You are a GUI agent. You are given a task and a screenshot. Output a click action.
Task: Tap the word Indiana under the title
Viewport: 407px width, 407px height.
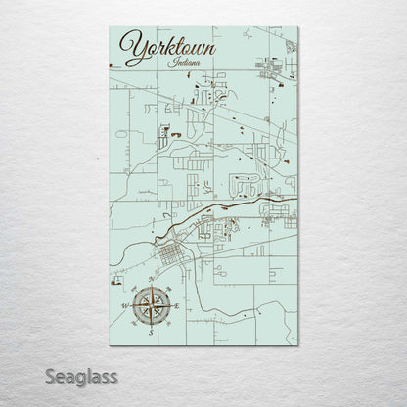coord(186,63)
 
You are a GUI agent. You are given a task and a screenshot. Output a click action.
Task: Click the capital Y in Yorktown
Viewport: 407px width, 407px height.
coord(127,44)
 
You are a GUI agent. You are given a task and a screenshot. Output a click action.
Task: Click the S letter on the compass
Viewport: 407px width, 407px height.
coord(150,333)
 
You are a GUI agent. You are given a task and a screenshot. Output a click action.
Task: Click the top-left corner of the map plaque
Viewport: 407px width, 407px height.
coord(110,24)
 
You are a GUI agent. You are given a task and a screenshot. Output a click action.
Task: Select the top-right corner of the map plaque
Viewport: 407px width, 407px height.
coord(297,24)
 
